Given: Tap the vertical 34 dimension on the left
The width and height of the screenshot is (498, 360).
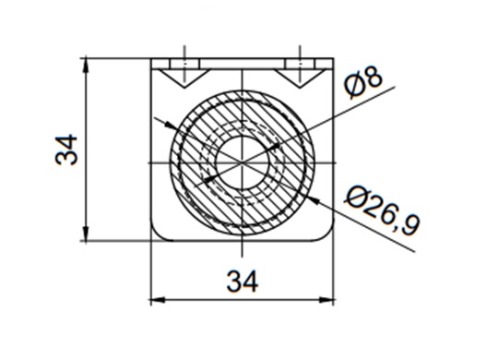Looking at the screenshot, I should point(66,150).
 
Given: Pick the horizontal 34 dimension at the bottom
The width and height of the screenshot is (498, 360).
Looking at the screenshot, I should point(242,281).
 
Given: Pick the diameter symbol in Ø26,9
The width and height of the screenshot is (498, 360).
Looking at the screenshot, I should point(356,195).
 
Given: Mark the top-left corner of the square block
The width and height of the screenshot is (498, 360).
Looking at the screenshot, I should point(151,59).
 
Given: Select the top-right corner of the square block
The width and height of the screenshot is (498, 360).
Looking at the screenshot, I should point(334,59).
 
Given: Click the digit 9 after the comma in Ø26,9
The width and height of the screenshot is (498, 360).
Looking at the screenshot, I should point(410,224).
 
